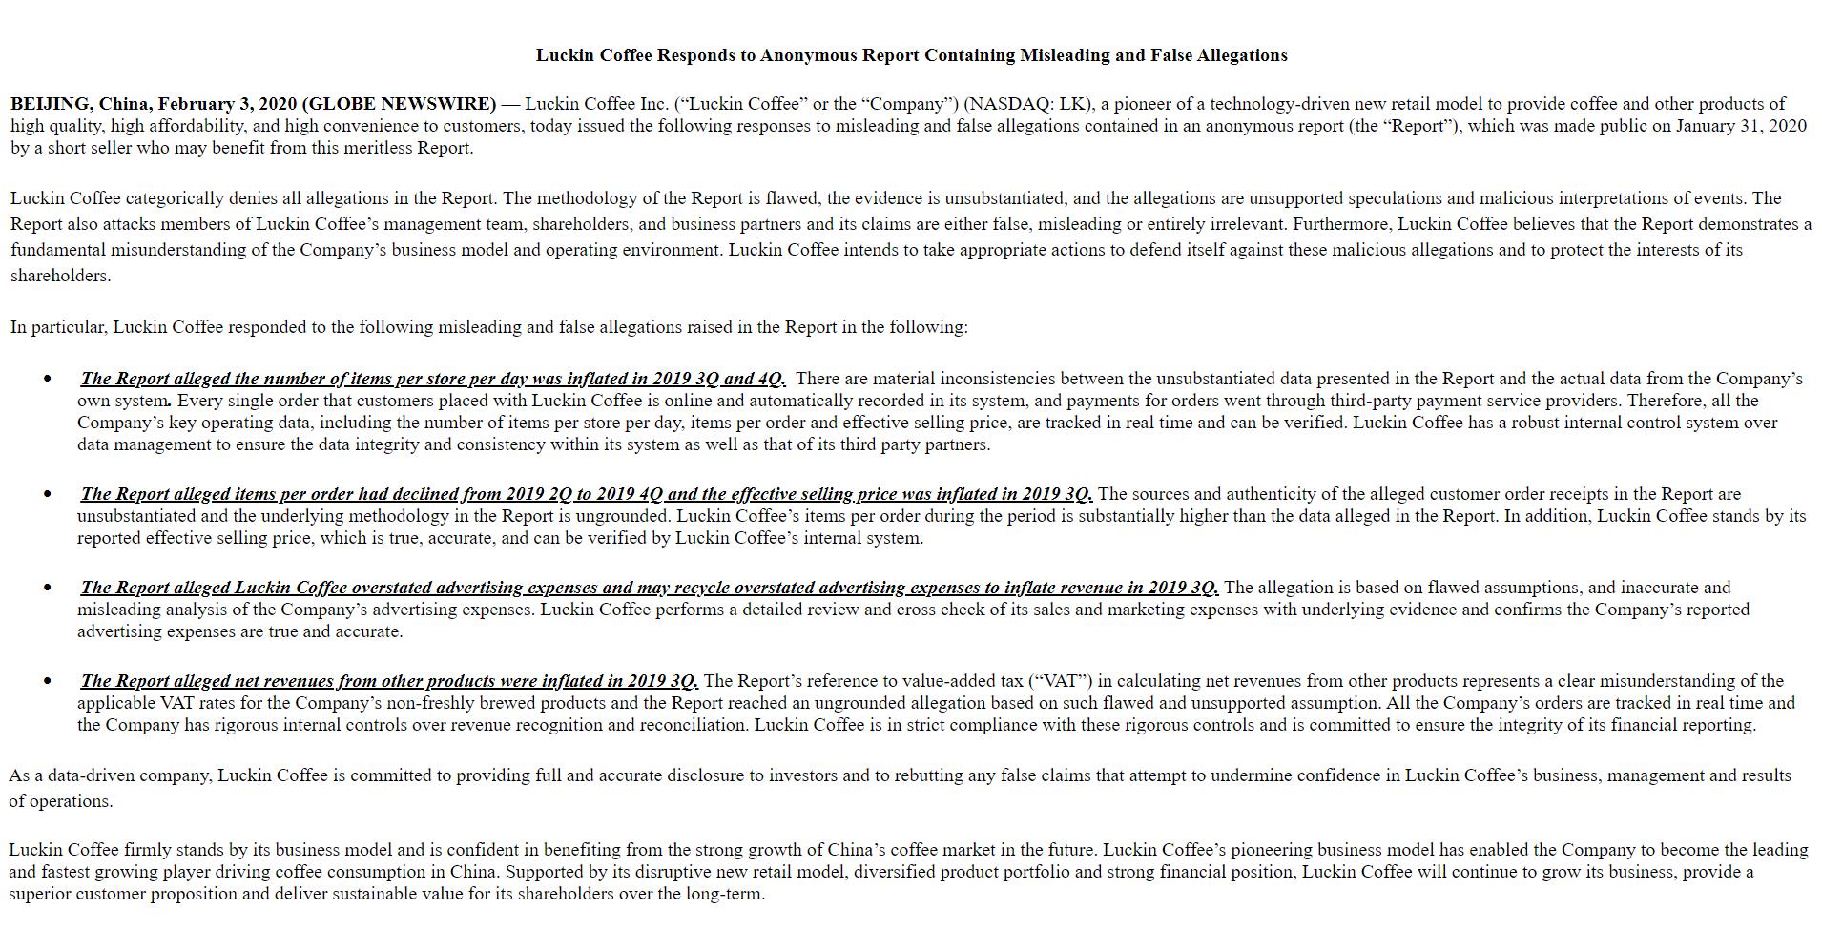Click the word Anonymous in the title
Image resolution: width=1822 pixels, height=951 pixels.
coord(809,55)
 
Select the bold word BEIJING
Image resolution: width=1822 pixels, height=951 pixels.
coord(50,104)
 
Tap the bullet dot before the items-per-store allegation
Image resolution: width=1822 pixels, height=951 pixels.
coord(48,380)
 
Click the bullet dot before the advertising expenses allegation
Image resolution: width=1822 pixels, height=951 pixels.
coord(48,588)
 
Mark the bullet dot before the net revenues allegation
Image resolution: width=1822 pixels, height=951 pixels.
coord(48,681)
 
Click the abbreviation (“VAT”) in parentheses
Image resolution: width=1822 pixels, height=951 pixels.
coord(1063,681)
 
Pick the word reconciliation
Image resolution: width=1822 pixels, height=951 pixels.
coord(700,725)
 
